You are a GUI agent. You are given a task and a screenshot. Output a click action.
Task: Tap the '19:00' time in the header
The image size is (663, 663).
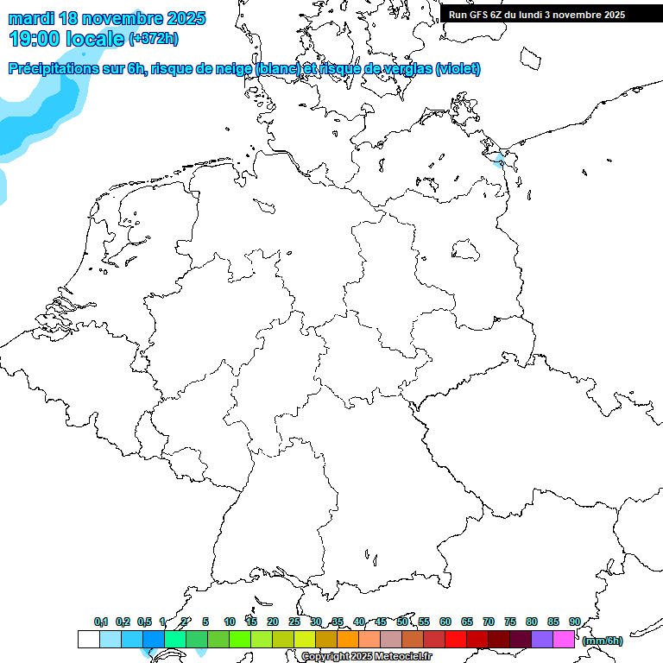[34, 38]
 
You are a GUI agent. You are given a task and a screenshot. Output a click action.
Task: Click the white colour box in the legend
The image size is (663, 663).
[88, 639]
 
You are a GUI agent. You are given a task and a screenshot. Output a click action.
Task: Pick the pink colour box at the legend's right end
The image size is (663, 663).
[564, 639]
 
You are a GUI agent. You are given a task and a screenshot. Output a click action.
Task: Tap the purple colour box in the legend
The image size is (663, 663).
[542, 639]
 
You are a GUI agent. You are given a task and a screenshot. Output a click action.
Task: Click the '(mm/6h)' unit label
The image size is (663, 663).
[602, 641]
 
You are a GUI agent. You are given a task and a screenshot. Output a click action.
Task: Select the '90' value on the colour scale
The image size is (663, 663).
[574, 622]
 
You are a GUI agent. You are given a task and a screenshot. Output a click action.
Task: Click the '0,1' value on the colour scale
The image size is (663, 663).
[101, 622]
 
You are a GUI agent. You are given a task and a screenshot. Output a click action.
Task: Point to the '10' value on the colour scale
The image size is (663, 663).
[230, 622]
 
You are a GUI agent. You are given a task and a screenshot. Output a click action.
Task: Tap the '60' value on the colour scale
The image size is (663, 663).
[445, 622]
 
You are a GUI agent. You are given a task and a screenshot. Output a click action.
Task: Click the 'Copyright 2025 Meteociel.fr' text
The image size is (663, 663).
[366, 657]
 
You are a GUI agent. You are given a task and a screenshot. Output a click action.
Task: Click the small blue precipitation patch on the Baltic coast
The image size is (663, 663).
[499, 160]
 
